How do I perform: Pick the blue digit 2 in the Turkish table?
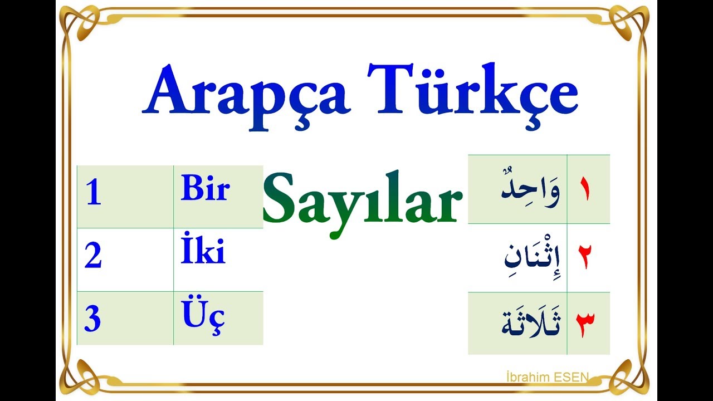point(93,257)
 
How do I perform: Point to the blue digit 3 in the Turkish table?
point(92,320)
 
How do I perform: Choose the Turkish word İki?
point(203,252)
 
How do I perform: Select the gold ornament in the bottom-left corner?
point(78,376)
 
